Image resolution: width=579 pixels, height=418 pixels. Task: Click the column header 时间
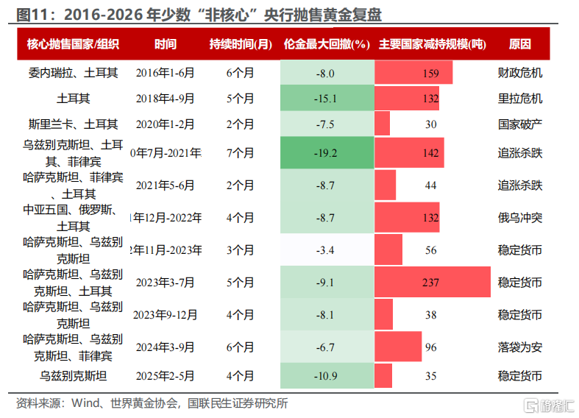tap(166, 44)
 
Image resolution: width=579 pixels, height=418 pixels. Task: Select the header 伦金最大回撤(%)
tap(325, 44)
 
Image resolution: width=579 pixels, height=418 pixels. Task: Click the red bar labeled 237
tap(432, 283)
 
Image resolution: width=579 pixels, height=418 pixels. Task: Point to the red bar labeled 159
tap(413, 73)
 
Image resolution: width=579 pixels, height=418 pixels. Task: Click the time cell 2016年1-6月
tap(166, 73)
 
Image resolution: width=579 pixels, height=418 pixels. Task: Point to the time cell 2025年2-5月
tap(166, 376)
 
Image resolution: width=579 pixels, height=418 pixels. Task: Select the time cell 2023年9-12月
tap(166, 315)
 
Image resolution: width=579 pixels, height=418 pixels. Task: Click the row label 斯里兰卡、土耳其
tap(73, 124)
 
